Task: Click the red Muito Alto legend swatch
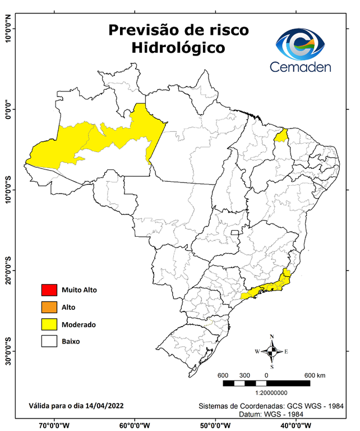[x=49, y=290]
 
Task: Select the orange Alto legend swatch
[x=49, y=307]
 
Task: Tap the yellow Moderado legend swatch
[x=49, y=324]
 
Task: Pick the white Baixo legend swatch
[x=49, y=341]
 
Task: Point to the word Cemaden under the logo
[x=300, y=67]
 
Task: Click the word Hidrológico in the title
[x=178, y=48]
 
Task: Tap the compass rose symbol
[x=271, y=351]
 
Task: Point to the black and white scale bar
[x=266, y=383]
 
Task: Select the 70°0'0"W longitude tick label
[x=53, y=425]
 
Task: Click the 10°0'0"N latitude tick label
[x=8, y=28]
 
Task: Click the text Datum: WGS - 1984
[x=271, y=414]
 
